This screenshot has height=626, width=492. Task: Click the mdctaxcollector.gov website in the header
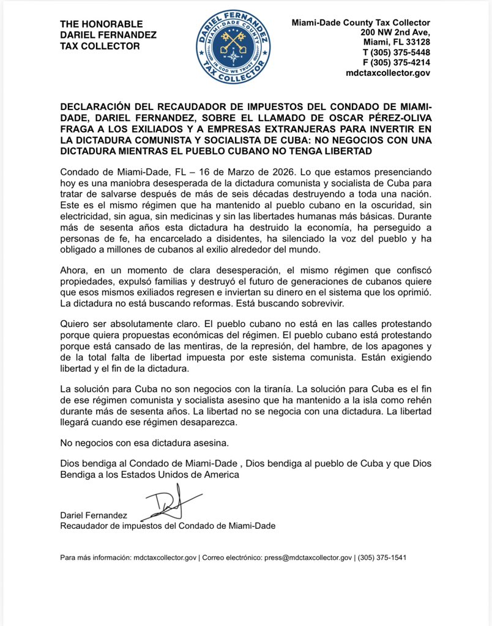coord(388,73)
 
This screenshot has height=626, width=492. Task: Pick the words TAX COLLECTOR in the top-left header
coord(100,46)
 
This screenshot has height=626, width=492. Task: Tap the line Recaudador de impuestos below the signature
coord(167,526)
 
